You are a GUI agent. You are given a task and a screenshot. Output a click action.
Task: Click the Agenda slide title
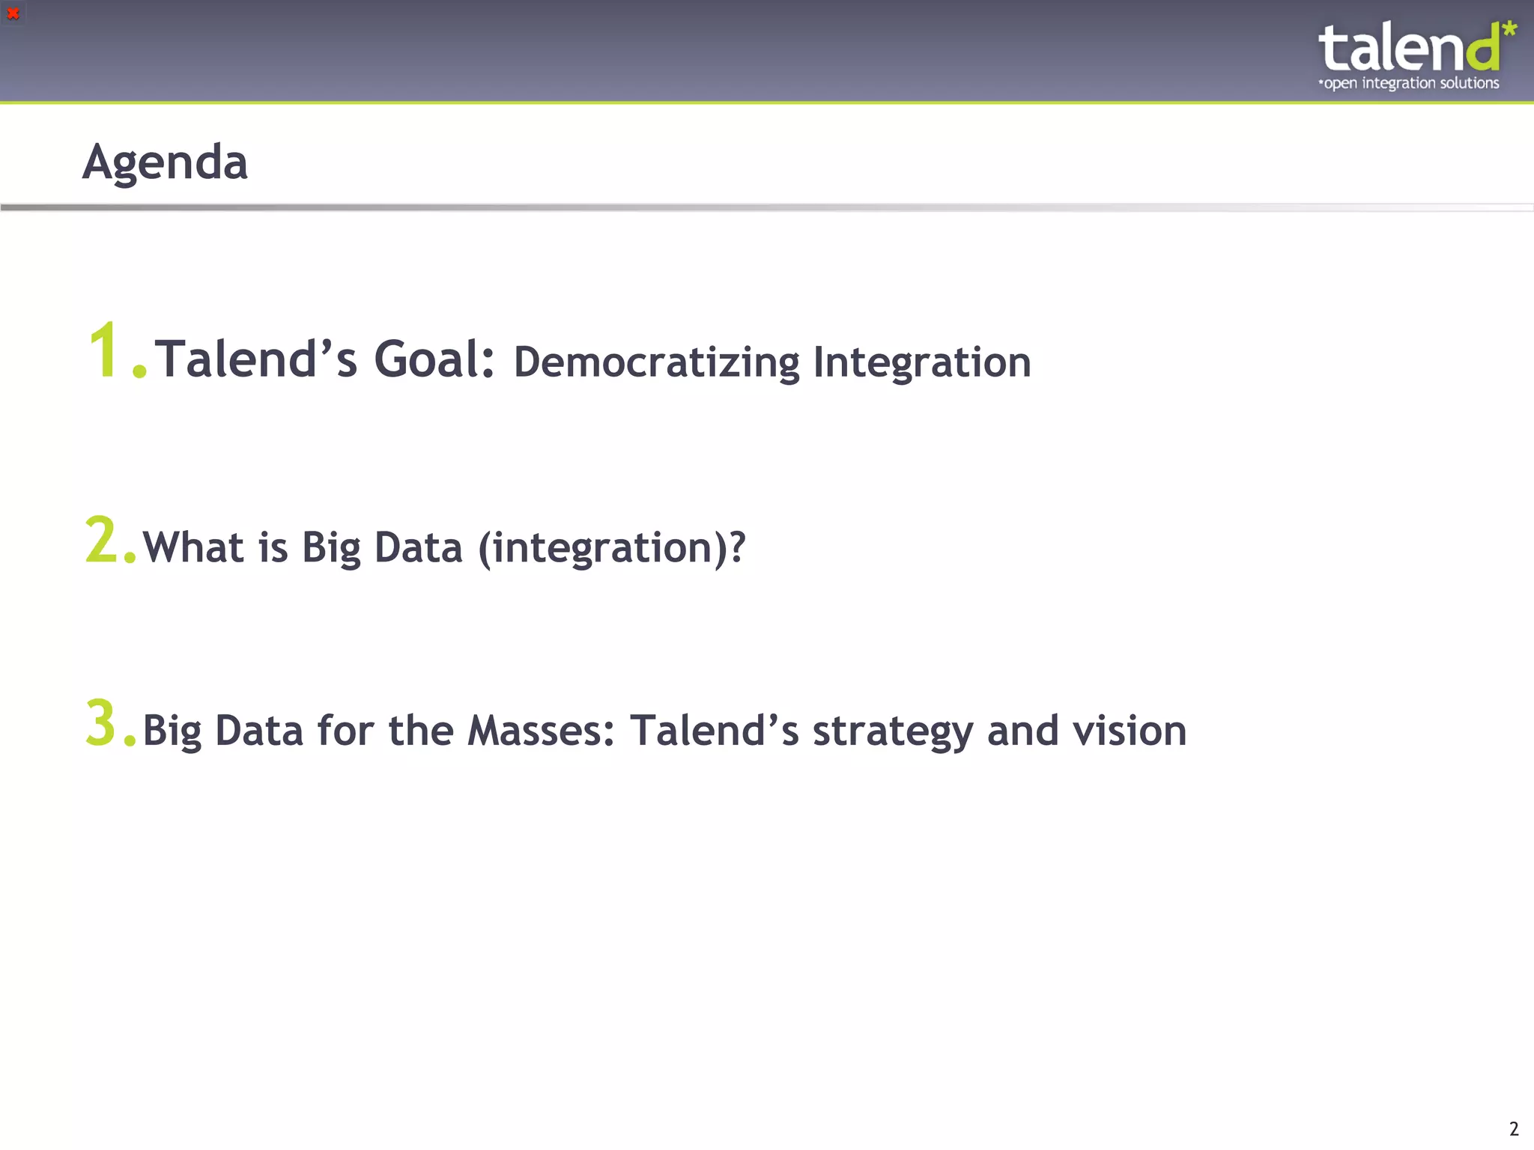point(165,162)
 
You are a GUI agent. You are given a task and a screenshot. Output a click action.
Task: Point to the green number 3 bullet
point(101,723)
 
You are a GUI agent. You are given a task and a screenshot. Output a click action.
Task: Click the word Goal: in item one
point(434,359)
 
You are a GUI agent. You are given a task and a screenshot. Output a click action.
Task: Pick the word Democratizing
point(656,362)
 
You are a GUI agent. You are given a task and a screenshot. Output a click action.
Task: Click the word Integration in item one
point(921,362)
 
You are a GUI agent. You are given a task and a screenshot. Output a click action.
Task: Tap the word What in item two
point(193,547)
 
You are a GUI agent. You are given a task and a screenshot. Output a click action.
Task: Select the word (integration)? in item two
point(611,548)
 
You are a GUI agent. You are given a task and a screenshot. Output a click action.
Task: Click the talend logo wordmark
point(1408,48)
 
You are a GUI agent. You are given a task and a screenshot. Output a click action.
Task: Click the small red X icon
point(13,13)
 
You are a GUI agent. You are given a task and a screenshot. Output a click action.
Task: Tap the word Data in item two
point(418,547)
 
